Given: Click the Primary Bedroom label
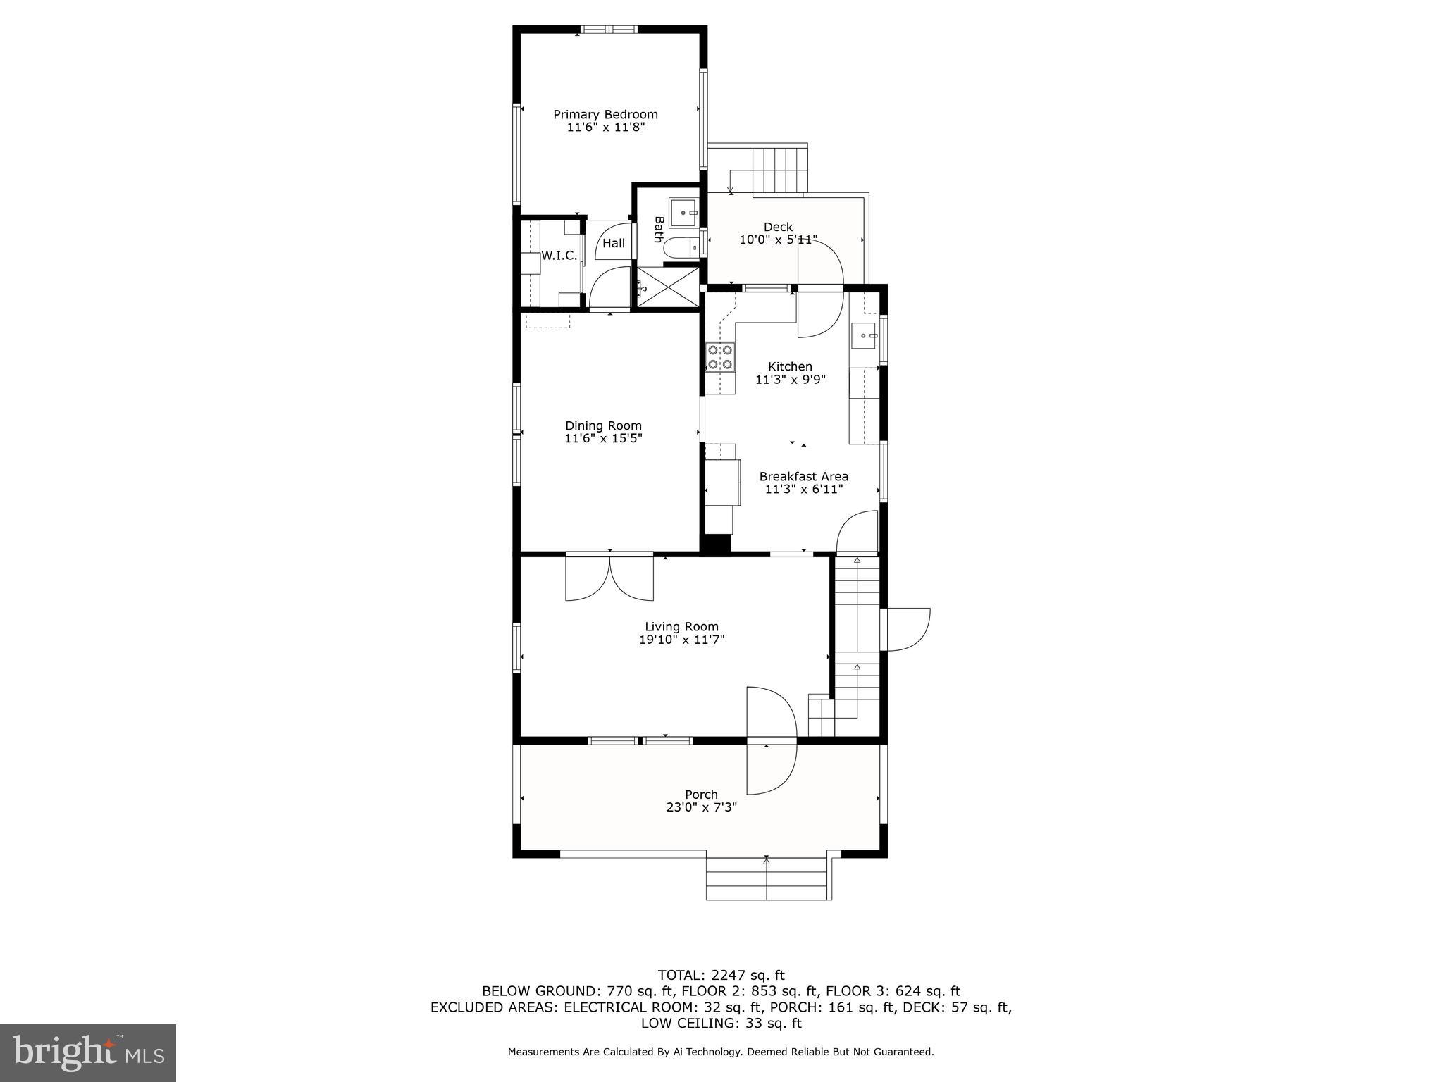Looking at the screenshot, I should pos(605,114).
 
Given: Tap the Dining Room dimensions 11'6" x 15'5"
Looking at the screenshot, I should pos(603,438).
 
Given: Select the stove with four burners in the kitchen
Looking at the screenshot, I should pos(720,357).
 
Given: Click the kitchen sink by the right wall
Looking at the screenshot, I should pos(864,336).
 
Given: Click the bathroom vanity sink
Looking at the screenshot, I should pos(683,212).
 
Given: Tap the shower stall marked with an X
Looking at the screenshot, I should pos(669,287).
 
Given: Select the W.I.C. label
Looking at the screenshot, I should pos(559,256).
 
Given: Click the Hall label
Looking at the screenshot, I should pos(614,244).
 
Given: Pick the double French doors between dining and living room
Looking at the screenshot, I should pos(609,578).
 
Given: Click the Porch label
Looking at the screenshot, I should pos(701,795).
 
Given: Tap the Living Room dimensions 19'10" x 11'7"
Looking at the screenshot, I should pos(681,640).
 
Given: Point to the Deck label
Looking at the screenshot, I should pos(778,227).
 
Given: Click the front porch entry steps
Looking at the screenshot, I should pos(767,878).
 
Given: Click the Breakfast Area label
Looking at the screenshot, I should pos(803,476).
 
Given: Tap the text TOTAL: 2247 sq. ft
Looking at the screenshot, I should pos(721,975).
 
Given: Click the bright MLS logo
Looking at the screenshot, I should pos(88,1052).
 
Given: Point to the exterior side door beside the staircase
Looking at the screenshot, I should pos(906,629).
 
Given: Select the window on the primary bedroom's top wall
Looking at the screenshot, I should pos(609,30).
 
